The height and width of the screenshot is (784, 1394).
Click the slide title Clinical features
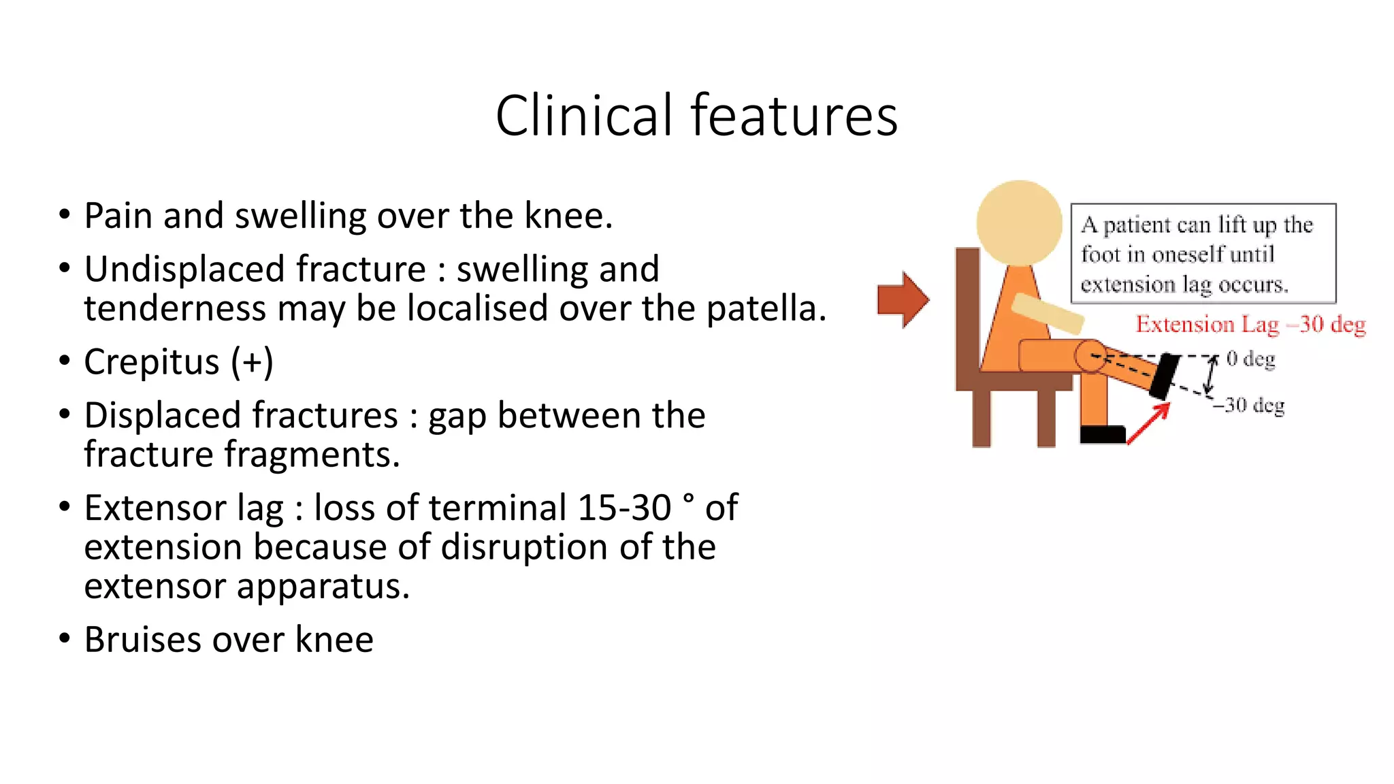pyautogui.click(x=696, y=116)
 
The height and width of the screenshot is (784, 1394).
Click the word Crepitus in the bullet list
pyautogui.click(x=151, y=361)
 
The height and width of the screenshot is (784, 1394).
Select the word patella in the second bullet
pyautogui.click(x=765, y=308)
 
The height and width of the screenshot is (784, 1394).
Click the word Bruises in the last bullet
pyautogui.click(x=143, y=640)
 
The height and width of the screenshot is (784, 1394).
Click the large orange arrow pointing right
pyautogui.click(x=903, y=299)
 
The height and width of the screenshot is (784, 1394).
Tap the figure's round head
pyautogui.click(x=1018, y=223)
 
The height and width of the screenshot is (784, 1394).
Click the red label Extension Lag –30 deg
pyautogui.click(x=1250, y=325)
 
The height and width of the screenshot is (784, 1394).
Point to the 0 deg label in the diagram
pyautogui.click(x=1250, y=359)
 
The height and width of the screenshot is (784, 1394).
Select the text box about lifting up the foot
pyautogui.click(x=1203, y=254)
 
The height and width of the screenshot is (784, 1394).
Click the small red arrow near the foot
pyautogui.click(x=1148, y=423)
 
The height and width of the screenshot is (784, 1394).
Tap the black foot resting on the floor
pyautogui.click(x=1102, y=434)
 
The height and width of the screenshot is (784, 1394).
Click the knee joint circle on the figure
pyautogui.click(x=1090, y=356)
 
